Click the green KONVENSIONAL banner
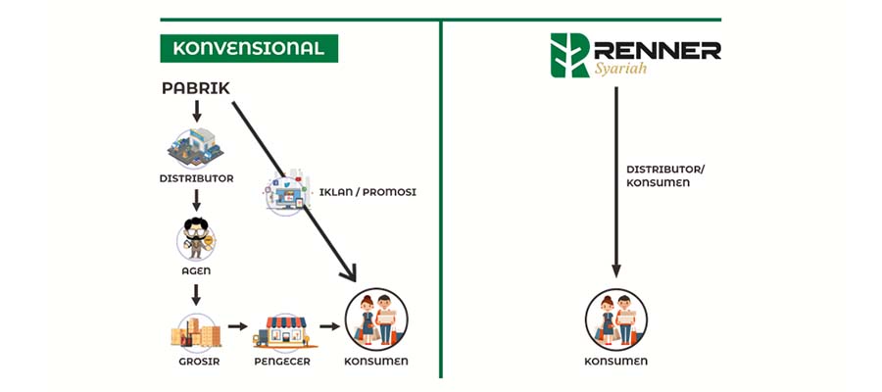[249, 48]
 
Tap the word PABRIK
[196, 89]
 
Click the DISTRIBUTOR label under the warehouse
[196, 178]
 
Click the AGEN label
[196, 270]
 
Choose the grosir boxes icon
[195, 331]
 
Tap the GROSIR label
[195, 362]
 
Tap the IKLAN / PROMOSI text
[367, 192]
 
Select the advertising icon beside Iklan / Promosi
[287, 192]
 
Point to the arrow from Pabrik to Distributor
[196, 111]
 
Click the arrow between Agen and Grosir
[196, 294]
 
